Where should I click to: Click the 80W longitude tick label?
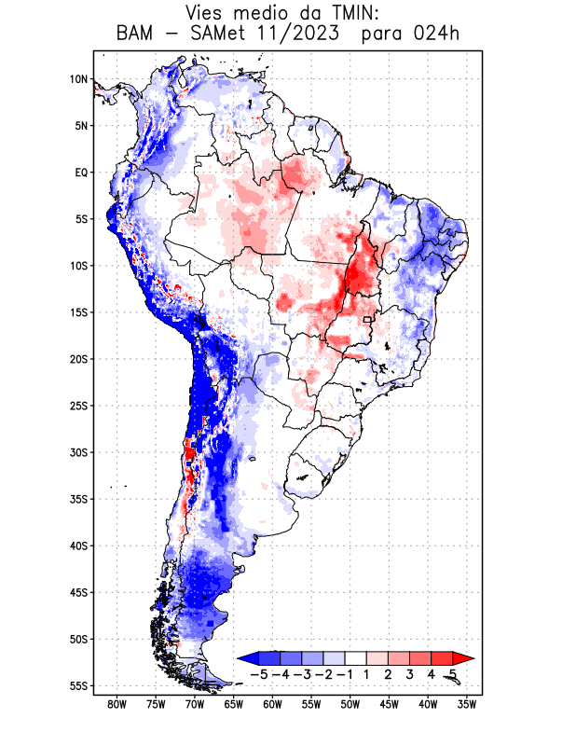[x=117, y=704]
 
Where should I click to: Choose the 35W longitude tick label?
[x=467, y=704]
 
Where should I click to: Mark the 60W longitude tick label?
[x=272, y=704]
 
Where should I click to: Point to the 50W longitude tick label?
[x=350, y=704]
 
